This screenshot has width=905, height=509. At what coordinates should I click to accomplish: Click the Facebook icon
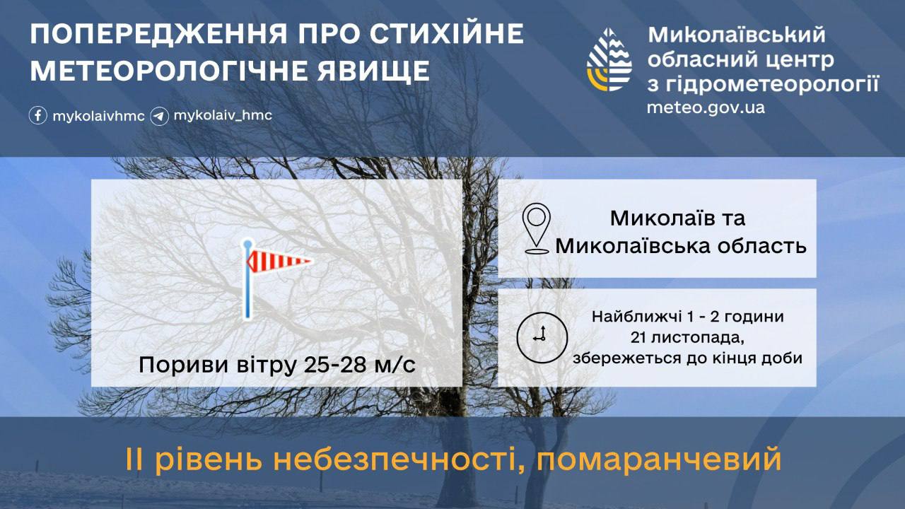pyautogui.click(x=38, y=115)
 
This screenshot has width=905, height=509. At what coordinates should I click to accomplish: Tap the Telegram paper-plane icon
pyautogui.click(x=159, y=117)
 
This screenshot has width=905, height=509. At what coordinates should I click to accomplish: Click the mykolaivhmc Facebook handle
pyautogui.click(x=98, y=117)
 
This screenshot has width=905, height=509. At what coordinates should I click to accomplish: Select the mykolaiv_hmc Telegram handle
pyautogui.click(x=223, y=115)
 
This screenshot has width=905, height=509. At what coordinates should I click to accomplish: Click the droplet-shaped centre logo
pyautogui.click(x=609, y=60)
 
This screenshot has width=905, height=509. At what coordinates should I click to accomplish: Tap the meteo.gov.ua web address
pyautogui.click(x=706, y=108)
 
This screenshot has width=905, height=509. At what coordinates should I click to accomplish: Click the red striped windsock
pyautogui.click(x=279, y=261)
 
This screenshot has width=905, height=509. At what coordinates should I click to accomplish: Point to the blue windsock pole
pyautogui.click(x=247, y=279)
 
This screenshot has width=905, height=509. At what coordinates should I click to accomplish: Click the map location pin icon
pyautogui.click(x=536, y=228)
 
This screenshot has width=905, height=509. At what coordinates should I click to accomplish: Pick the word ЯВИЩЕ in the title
pyautogui.click(x=373, y=71)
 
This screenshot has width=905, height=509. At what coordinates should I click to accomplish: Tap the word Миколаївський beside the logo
pyautogui.click(x=737, y=35)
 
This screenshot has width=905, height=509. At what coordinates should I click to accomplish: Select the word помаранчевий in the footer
pyautogui.click(x=658, y=460)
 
